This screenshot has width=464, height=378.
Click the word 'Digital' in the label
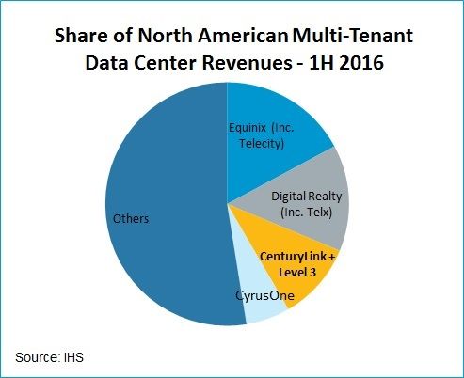pyautogui.click(x=290, y=197)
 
